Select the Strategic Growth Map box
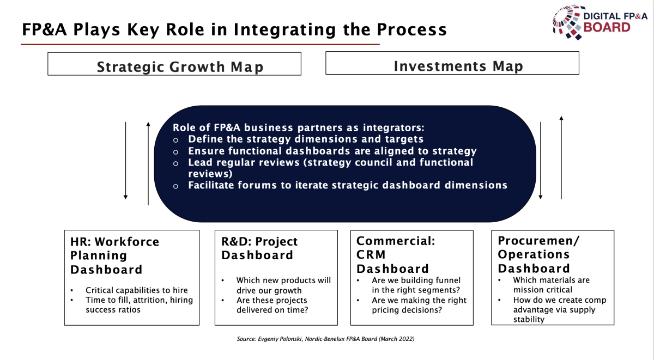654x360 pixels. (x=174, y=64)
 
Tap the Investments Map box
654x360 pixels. (x=452, y=63)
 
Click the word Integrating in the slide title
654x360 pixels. (x=284, y=30)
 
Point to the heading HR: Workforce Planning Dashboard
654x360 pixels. (x=115, y=255)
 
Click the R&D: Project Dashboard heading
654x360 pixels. (x=259, y=248)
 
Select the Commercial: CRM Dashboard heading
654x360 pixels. (x=396, y=255)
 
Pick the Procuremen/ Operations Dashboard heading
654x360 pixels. (x=538, y=254)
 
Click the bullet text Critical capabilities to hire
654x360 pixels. (x=137, y=290)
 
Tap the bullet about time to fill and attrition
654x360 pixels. (x=140, y=304)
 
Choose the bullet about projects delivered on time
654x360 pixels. (x=272, y=305)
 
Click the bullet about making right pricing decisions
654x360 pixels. (x=419, y=305)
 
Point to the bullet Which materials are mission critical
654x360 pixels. (x=551, y=285)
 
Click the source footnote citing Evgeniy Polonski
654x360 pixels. (x=325, y=339)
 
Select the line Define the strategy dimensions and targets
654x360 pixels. (x=306, y=139)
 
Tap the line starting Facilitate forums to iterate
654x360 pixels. (x=348, y=185)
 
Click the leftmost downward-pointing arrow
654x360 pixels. (x=125, y=161)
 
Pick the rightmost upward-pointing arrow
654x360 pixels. (x=561, y=158)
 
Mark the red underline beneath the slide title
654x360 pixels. (x=200, y=44)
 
